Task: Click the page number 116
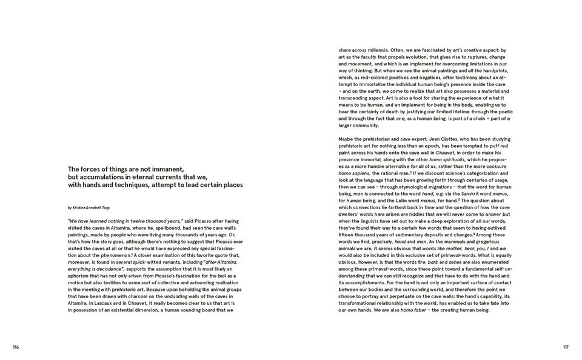coord(15,347)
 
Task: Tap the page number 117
coord(565,347)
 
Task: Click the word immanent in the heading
coord(166,169)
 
